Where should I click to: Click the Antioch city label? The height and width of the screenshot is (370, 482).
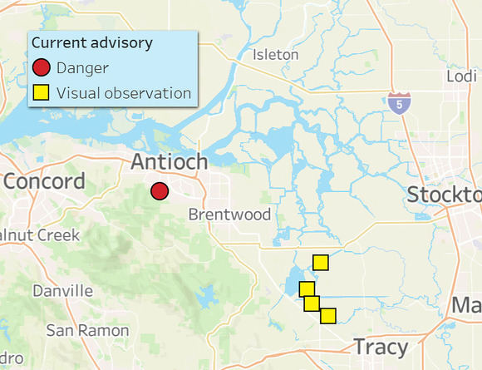tap(169, 162)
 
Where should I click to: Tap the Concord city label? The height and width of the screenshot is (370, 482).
tap(43, 181)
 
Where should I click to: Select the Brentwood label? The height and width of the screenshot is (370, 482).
tap(229, 215)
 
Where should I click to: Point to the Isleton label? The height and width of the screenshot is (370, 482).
tap(275, 55)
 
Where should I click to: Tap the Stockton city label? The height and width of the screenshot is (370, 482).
tap(445, 195)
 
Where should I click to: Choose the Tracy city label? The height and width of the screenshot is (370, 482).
tap(381, 347)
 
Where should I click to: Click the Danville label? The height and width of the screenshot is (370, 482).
tap(62, 291)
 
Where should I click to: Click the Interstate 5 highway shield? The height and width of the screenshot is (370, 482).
tap(398, 103)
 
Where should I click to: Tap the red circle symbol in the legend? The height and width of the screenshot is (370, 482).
tap(42, 68)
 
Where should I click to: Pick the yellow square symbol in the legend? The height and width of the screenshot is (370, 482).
tap(42, 92)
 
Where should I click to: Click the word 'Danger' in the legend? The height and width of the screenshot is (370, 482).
tap(83, 68)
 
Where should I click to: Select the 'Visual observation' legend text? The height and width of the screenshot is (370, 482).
tap(124, 92)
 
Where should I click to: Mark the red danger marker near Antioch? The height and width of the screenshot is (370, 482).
tap(160, 191)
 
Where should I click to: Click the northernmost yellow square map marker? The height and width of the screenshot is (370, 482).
tap(321, 263)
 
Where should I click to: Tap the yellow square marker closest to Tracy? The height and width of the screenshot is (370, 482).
tap(328, 316)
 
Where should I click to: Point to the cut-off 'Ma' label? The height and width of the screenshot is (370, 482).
tap(466, 305)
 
